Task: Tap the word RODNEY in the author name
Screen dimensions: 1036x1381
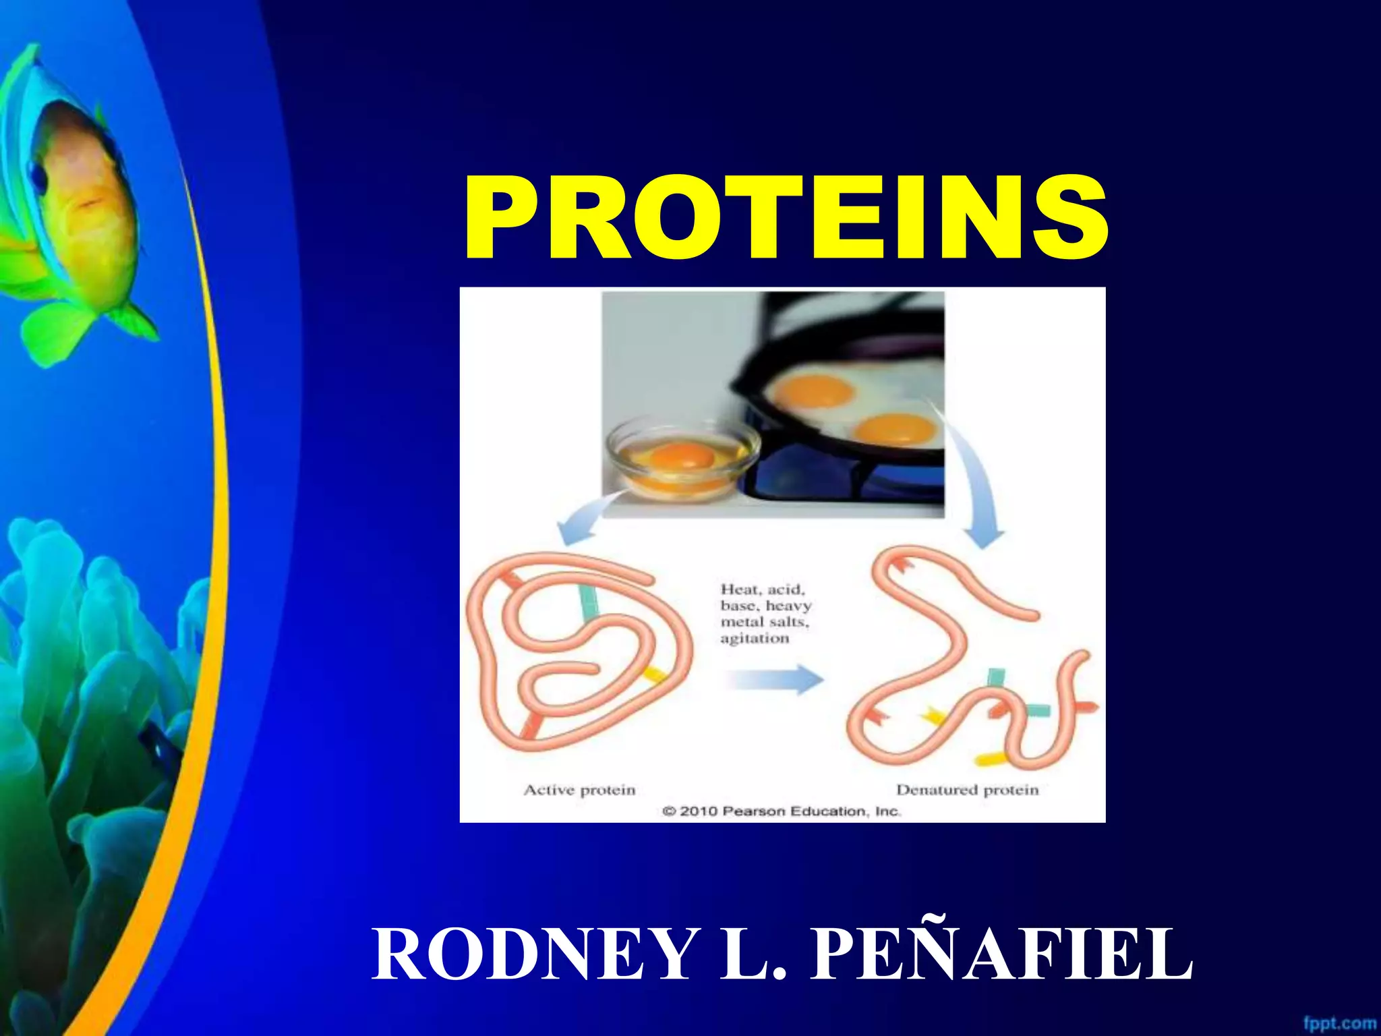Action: (533, 955)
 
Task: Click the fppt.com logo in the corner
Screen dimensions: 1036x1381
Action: (1339, 1023)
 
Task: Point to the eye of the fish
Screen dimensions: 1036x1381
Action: (40, 177)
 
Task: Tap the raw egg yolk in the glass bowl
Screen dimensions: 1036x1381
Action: (682, 456)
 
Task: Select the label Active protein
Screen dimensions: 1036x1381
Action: (579, 790)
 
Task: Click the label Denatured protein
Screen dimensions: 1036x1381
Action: (967, 790)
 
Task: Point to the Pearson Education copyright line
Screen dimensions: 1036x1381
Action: (782, 811)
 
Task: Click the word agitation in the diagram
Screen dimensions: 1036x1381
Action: (754, 638)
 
